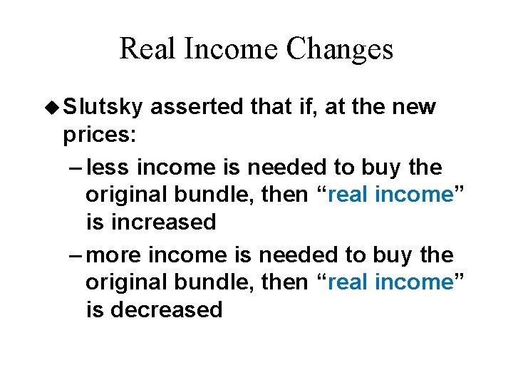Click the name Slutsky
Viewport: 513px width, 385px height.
[103, 107]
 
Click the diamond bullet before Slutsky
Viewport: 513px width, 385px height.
[54, 108]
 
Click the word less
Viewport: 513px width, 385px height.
[110, 168]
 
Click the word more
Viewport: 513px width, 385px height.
[119, 255]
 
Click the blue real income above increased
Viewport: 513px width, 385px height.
[393, 195]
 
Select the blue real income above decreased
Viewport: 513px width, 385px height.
[393, 282]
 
